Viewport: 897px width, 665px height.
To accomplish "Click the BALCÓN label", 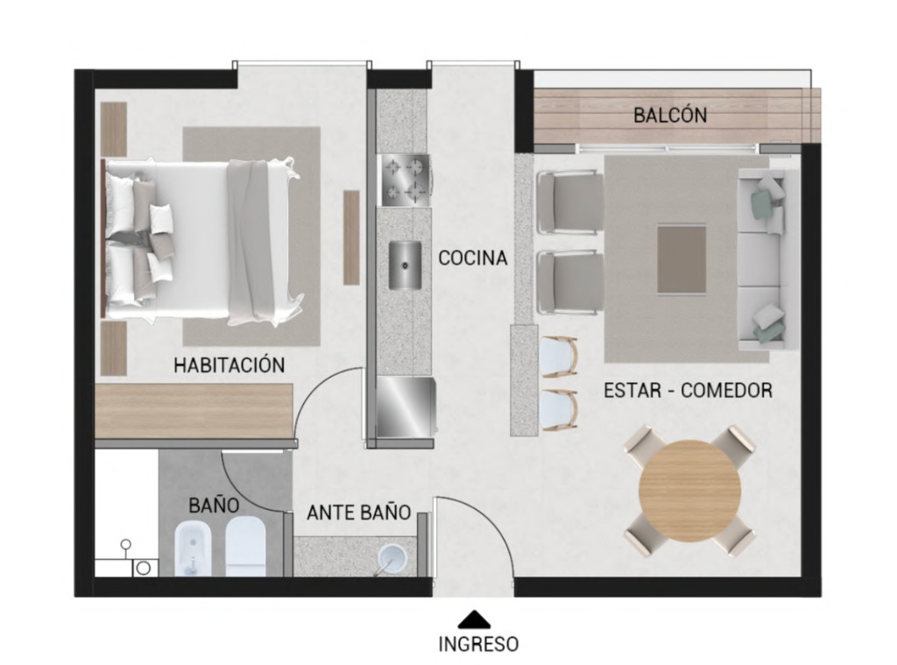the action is pos(670,115).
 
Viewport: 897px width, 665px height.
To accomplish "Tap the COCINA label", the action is pos(472,258).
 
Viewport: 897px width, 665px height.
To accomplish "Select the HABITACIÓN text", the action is pos(229,364).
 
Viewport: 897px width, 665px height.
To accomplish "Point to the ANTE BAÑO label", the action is pos(358,513).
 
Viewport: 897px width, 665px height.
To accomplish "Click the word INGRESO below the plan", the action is pos(478,644).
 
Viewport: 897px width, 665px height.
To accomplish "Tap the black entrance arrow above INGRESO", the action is pos(474,619).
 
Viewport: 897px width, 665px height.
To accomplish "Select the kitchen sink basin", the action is pos(405,265).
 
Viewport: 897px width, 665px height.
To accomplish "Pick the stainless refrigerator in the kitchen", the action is pos(406,407).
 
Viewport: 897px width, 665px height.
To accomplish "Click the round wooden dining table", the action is pos(690,491).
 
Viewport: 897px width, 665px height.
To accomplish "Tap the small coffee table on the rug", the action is pos(682,259).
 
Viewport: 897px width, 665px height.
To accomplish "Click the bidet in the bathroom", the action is pos(194,548).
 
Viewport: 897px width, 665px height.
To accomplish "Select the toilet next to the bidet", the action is pos(246,546).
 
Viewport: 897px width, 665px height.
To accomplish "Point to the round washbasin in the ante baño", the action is pos(392,559).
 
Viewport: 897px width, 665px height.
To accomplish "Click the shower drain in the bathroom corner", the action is pos(144,568).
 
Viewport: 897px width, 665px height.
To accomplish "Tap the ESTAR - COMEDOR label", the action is pos(689,390).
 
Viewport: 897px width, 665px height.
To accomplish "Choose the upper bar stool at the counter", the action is pos(559,357).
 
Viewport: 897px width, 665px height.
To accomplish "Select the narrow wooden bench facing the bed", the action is pos(351,237).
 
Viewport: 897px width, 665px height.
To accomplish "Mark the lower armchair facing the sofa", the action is pos(569,283).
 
